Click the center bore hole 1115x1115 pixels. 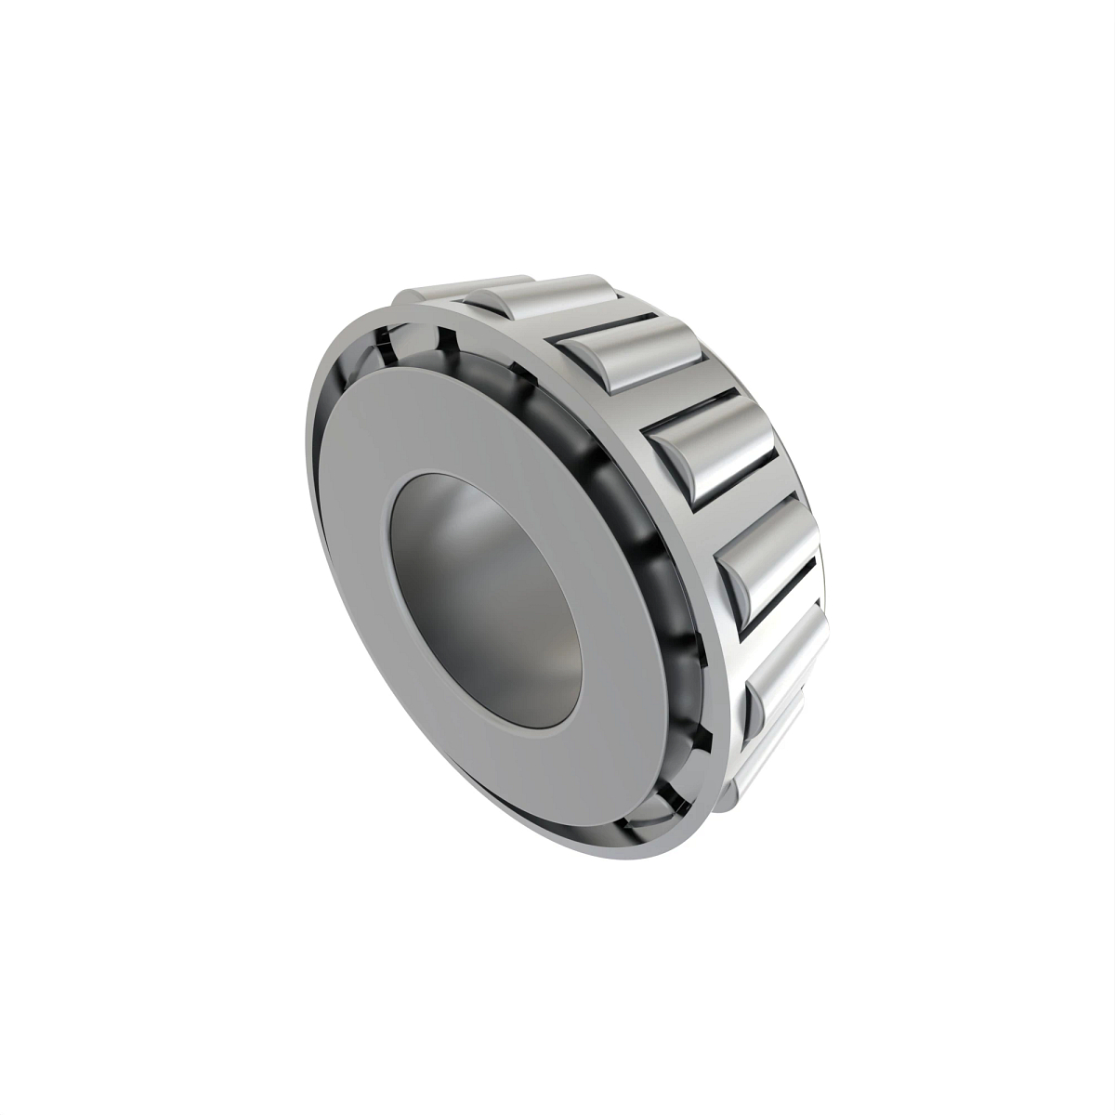(x=483, y=595)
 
